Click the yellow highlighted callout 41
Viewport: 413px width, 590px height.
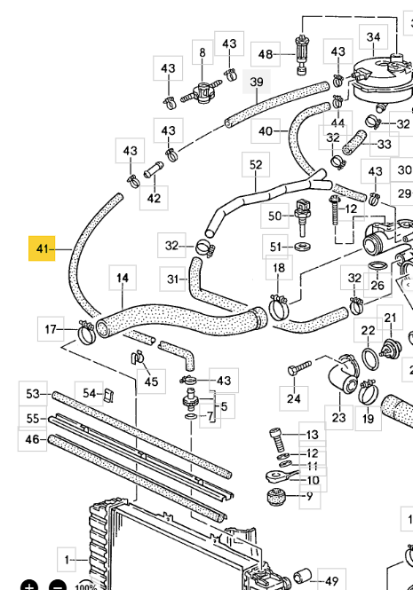[42, 248]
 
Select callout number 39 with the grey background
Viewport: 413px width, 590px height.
[257, 82]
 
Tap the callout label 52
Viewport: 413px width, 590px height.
[256, 164]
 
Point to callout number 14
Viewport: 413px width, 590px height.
[123, 278]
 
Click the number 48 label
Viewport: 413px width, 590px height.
[266, 54]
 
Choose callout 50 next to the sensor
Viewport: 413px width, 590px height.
[275, 216]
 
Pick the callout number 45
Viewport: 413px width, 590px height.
[151, 382]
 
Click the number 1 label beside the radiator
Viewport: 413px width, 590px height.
[67, 560]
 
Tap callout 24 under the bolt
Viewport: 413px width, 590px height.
[294, 398]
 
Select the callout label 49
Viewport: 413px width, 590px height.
[331, 581]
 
